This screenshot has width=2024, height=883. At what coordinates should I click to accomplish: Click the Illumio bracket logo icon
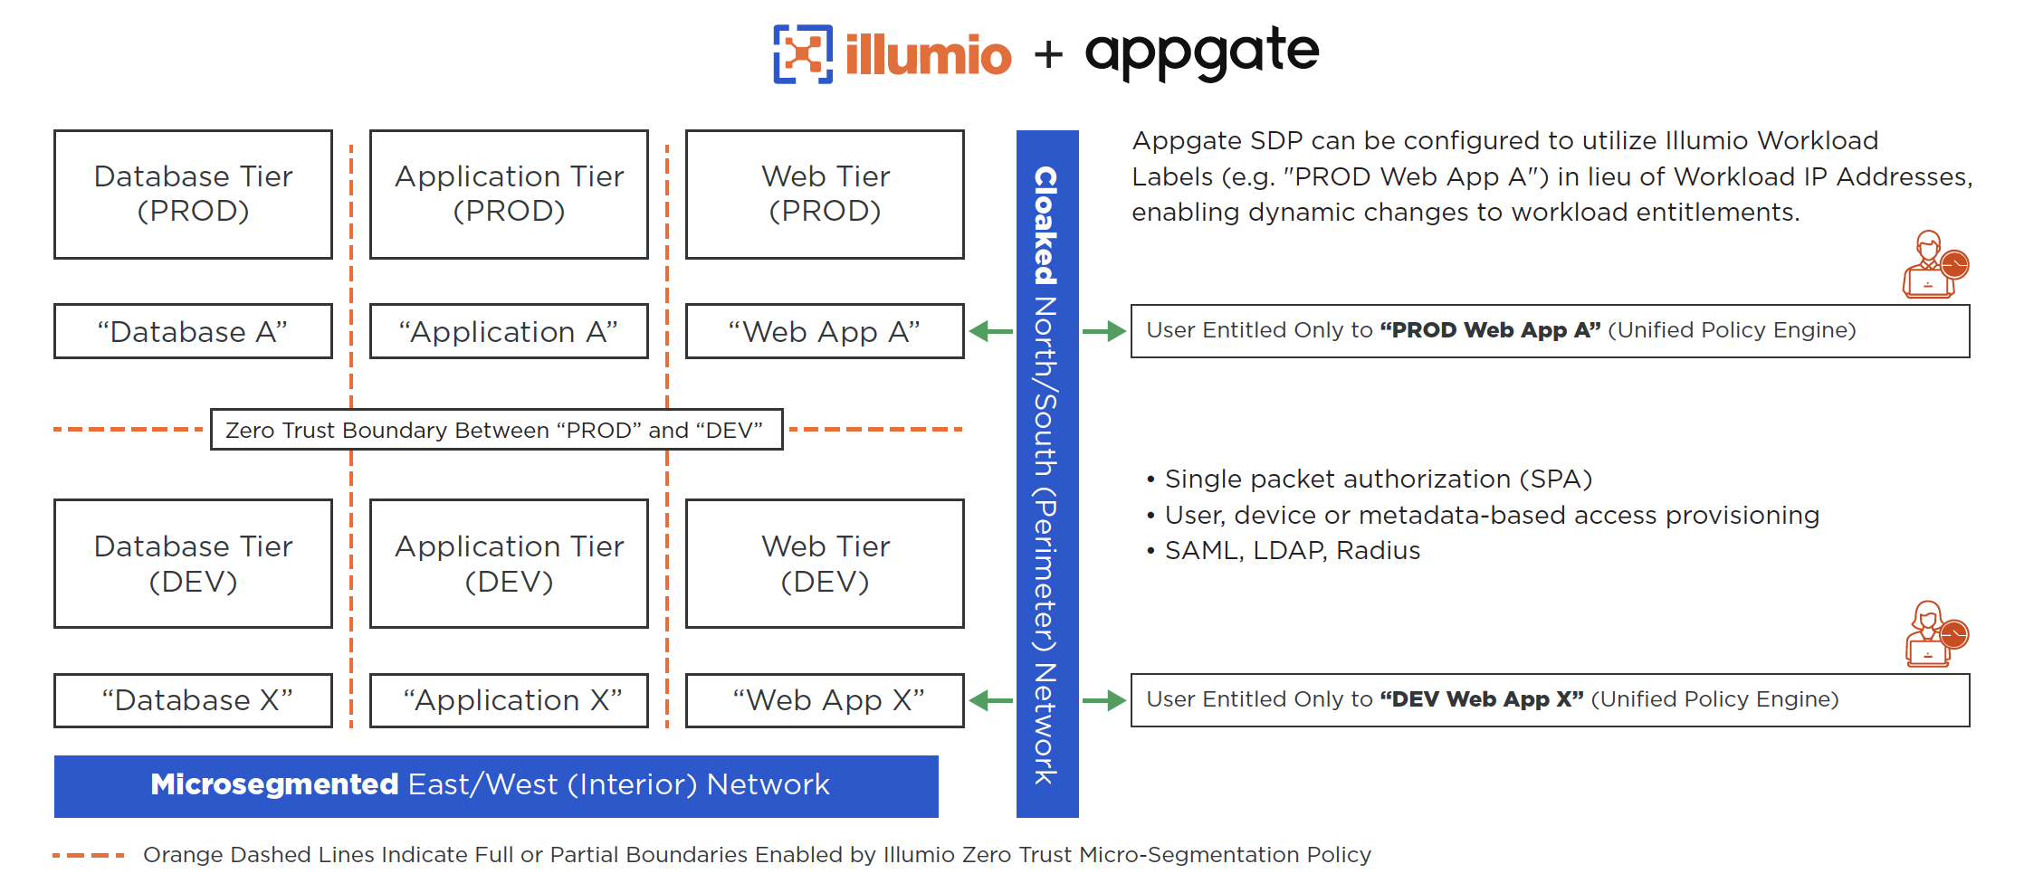click(x=802, y=54)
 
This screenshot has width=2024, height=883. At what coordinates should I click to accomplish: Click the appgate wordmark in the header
click(x=1201, y=52)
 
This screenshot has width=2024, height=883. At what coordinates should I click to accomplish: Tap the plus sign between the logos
click(x=1048, y=54)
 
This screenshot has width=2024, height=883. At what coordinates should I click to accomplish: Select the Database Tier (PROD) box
click(x=193, y=194)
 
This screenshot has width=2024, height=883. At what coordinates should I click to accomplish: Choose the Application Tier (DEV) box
click(x=509, y=563)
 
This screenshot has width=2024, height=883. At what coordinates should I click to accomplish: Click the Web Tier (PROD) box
click(x=825, y=194)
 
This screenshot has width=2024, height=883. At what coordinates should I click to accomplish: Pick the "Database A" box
click(x=193, y=331)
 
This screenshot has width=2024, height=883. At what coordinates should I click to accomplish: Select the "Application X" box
click(x=509, y=699)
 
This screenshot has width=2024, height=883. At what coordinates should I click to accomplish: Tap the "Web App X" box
click(x=825, y=699)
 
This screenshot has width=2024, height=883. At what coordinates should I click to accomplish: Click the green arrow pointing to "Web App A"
click(x=991, y=331)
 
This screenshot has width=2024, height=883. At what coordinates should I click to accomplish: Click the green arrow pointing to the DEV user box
click(x=1103, y=699)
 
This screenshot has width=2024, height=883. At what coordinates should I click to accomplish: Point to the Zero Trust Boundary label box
click(x=496, y=430)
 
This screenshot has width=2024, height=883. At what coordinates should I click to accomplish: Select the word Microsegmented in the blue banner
click(x=274, y=783)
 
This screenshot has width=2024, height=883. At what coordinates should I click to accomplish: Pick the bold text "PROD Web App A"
click(x=1490, y=330)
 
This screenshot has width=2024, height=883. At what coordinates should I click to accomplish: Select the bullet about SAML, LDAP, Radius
click(x=1291, y=550)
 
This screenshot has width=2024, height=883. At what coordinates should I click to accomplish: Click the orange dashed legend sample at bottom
click(x=89, y=854)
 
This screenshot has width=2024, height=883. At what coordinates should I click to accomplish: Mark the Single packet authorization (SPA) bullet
click(x=1377, y=479)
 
